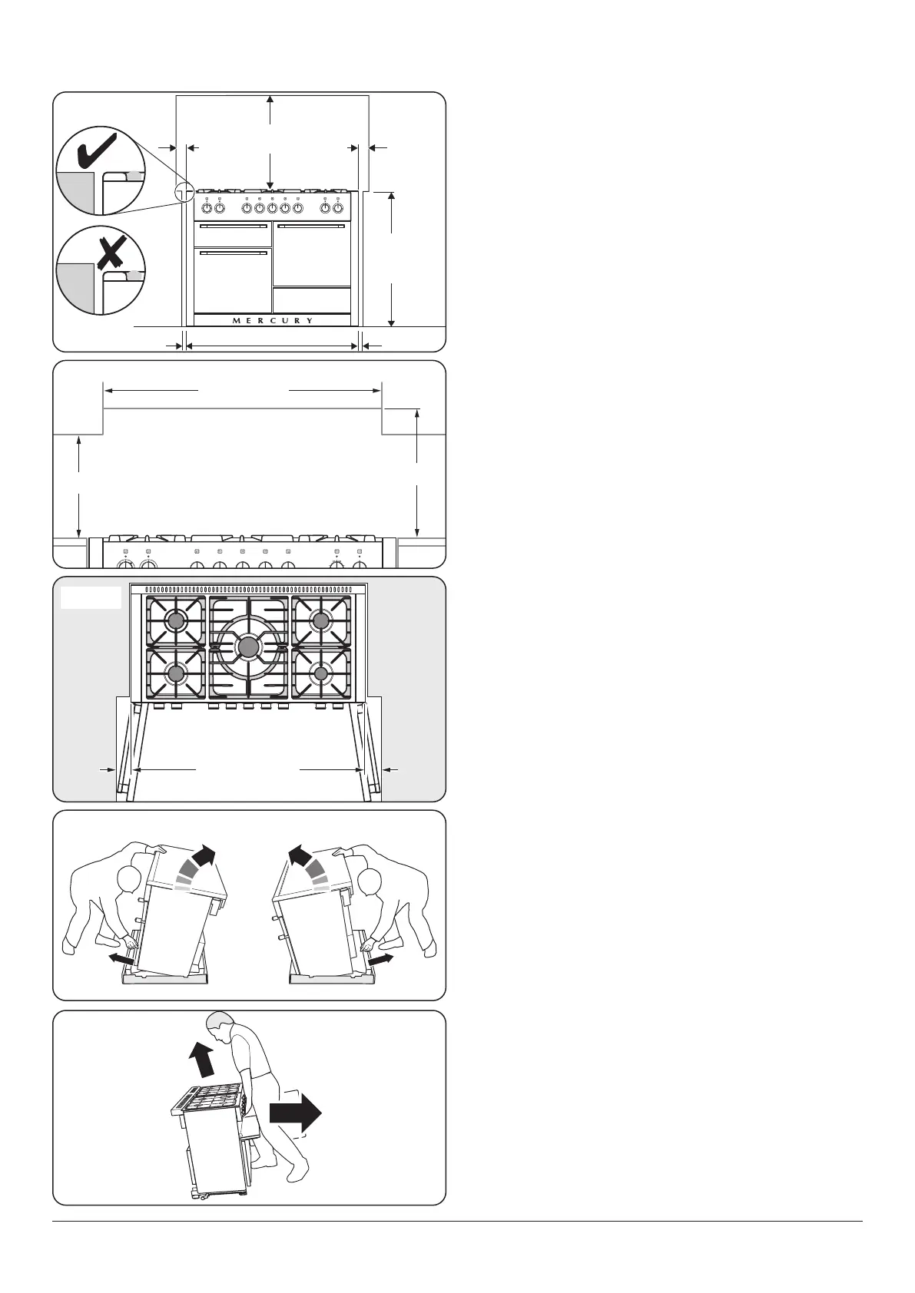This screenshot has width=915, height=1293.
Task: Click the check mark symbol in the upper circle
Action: point(97,150)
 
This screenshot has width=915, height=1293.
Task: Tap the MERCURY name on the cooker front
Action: point(273,320)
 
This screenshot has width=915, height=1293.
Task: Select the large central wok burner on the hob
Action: point(247,647)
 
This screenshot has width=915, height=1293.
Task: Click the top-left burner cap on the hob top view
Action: point(177,620)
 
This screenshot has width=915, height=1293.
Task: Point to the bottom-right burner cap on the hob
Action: point(321,673)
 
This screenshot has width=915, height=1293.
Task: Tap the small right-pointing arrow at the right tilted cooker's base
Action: point(381,959)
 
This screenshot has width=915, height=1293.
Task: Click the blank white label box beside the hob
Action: point(91,598)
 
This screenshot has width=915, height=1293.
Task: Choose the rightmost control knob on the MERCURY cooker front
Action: point(337,207)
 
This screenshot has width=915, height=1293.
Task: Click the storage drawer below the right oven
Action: point(312,299)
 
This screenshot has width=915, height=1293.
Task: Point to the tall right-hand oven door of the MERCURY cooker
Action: point(312,254)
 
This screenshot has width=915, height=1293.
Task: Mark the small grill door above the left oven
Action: point(233,235)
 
